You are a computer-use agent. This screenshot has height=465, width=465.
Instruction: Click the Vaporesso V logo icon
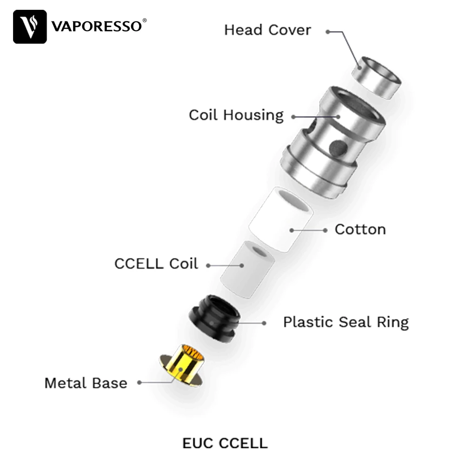tap(30, 27)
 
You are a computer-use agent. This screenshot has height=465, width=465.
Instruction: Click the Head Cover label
tap(267, 30)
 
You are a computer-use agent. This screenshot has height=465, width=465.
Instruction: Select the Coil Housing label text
tap(236, 115)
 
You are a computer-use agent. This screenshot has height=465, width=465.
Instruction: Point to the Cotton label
tap(360, 229)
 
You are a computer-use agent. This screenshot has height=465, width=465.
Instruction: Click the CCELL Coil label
tap(156, 264)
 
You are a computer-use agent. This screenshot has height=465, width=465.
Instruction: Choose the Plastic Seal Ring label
tap(346, 322)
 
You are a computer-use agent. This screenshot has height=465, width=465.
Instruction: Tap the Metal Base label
tap(86, 383)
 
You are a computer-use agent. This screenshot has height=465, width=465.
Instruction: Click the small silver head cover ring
tap(375, 78)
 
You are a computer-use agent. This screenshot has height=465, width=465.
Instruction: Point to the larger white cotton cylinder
tap(281, 219)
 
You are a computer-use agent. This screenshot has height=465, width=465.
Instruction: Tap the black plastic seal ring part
tap(214, 318)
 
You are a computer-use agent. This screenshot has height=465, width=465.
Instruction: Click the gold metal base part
tap(182, 367)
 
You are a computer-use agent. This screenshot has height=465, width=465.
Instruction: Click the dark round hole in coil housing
tap(338, 148)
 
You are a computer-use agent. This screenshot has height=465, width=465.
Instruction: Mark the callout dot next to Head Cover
tap(328, 32)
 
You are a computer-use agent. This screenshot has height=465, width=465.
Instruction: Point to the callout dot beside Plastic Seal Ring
tap(264, 322)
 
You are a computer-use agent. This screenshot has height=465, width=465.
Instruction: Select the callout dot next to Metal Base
tap(139, 383)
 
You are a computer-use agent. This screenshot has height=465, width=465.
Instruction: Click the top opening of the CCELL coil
tap(259, 252)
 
